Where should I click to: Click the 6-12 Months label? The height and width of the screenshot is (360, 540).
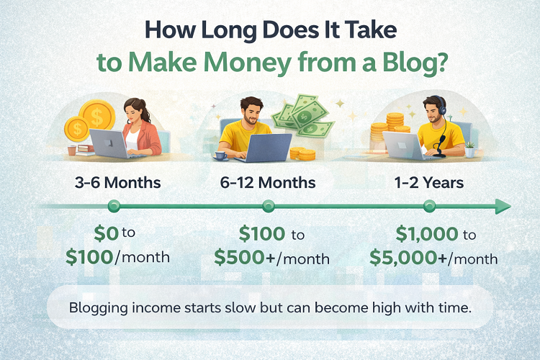269,183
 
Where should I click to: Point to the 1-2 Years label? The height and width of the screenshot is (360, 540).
429,183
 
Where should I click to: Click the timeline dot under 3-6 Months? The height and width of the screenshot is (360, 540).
113,207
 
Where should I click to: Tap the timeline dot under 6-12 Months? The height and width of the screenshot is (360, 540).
269,207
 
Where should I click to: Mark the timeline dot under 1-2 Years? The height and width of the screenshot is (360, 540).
430,207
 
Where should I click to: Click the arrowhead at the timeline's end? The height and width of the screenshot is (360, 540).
503,207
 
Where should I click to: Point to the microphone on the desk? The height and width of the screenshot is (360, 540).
437,144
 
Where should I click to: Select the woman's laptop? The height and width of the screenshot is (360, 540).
106,144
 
